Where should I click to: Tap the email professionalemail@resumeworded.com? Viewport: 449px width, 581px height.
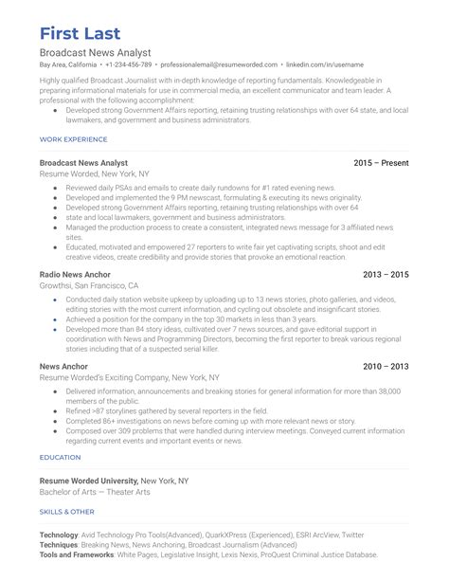(x=211, y=64)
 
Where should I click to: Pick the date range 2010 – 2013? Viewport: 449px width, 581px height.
(x=386, y=365)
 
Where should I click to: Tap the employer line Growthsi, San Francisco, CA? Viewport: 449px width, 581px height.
(x=89, y=285)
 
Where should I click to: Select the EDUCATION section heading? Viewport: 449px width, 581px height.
(x=60, y=457)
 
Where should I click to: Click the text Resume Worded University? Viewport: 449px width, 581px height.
(x=89, y=481)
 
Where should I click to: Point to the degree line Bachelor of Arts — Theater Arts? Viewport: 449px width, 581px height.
(x=95, y=492)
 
